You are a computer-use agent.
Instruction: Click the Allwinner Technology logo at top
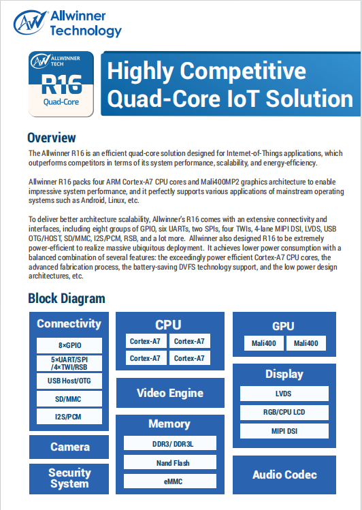[x=67, y=23]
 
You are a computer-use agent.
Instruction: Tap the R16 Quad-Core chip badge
[x=61, y=84]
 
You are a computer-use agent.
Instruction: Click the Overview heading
[x=52, y=138]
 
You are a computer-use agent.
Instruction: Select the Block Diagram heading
[x=67, y=298]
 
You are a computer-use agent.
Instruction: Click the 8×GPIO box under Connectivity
[x=69, y=345]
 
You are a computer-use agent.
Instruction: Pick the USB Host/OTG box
[x=69, y=381]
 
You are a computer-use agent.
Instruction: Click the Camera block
[x=69, y=447]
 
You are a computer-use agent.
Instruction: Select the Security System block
[x=69, y=479]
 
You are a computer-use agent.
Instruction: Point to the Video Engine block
[x=170, y=393]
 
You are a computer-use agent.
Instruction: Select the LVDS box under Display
[x=284, y=394]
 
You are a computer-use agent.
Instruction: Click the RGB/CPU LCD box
[x=284, y=413]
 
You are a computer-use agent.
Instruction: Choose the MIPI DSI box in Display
[x=284, y=431]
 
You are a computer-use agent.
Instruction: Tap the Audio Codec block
[x=284, y=475]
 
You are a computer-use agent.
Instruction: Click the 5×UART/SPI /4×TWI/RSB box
[x=69, y=364]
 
